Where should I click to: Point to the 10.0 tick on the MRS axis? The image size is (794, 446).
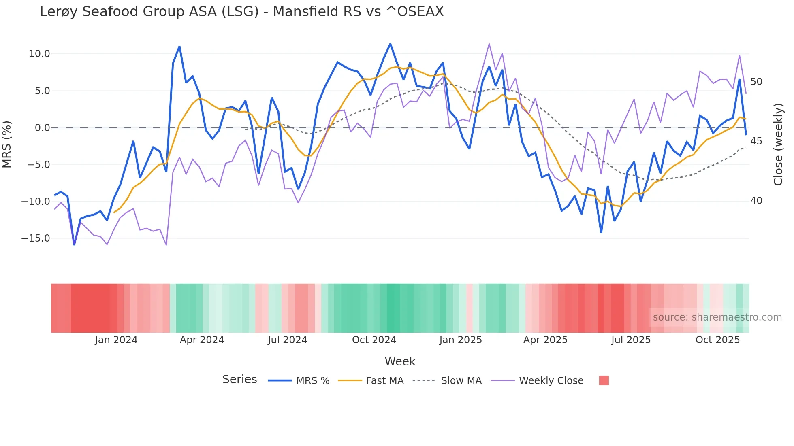tap(39, 54)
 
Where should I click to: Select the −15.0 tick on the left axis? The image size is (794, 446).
tap(36, 238)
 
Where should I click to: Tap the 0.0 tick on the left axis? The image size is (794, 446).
tap(42, 128)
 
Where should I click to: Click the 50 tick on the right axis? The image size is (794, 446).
tap(756, 82)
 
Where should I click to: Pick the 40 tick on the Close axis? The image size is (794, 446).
tap(756, 201)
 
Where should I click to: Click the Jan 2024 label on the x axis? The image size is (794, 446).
tap(116, 340)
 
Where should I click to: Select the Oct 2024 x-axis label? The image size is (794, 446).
tap(374, 340)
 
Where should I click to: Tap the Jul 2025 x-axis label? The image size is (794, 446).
tap(631, 340)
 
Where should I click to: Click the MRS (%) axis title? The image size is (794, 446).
tap(7, 144)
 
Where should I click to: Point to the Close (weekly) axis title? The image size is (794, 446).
tap(778, 144)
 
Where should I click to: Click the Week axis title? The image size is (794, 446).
tap(400, 361)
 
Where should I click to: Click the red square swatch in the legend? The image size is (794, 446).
tap(604, 380)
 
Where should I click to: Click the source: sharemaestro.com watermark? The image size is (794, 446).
tap(717, 317)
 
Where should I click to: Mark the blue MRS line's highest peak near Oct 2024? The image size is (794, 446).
tap(390, 44)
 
